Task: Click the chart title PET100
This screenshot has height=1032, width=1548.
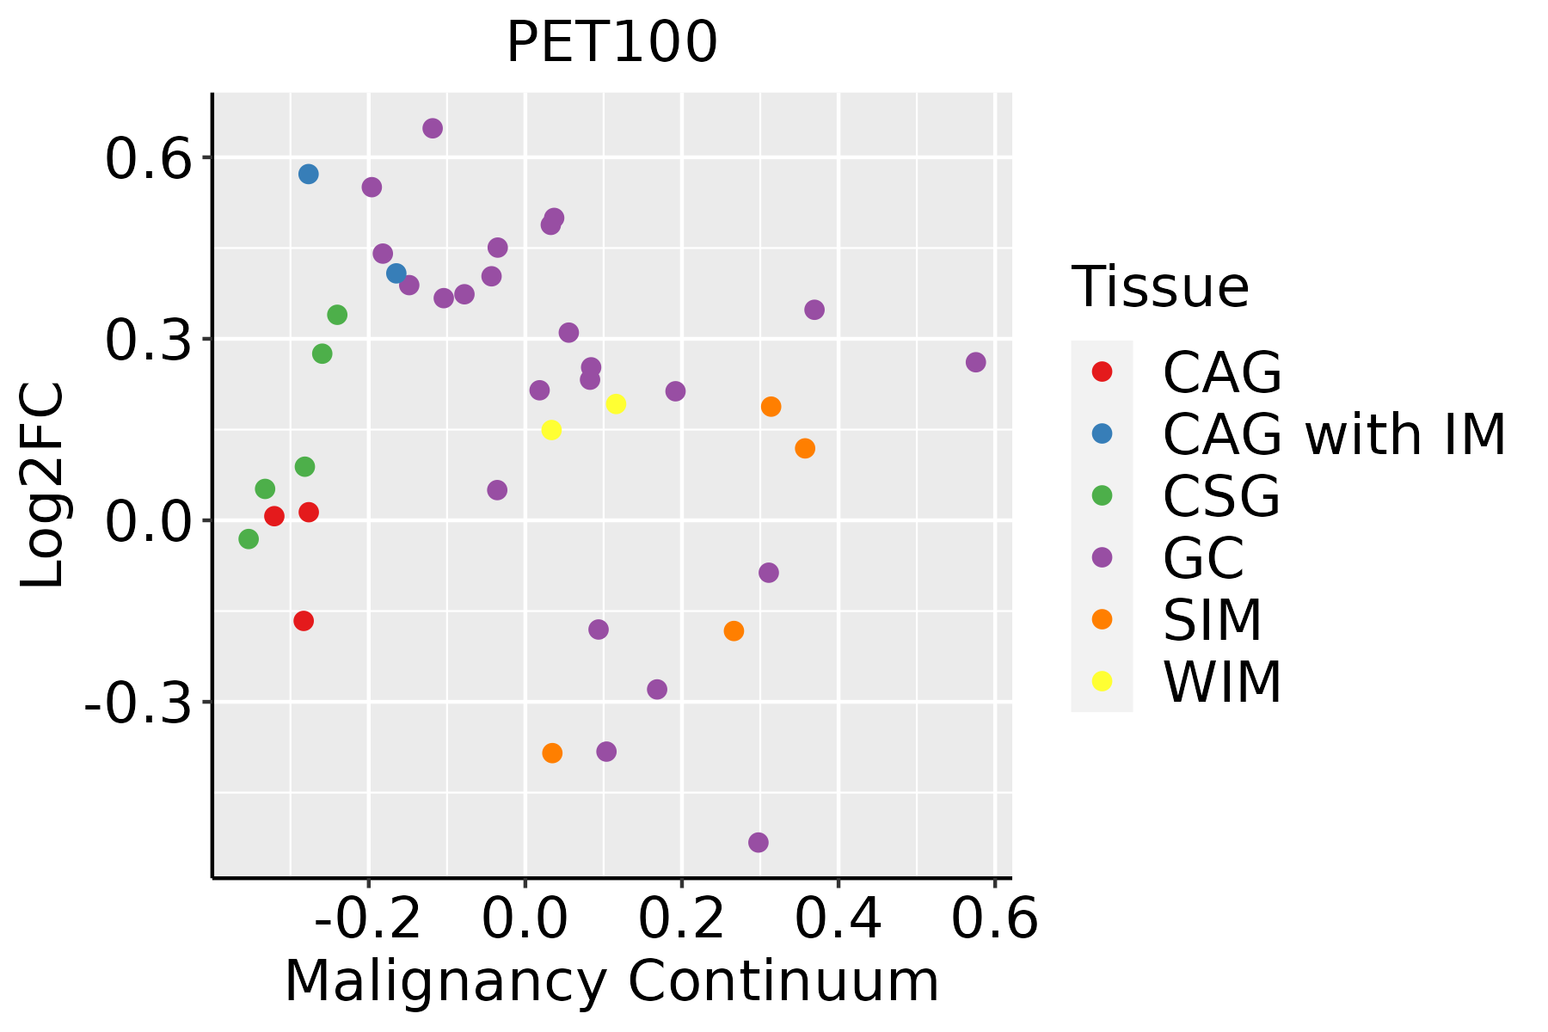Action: coord(611,42)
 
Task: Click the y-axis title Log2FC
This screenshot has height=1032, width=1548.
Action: coord(43,485)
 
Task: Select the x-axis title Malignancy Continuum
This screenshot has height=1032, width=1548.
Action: coord(611,981)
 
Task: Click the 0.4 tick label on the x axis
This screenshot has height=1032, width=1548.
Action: coord(838,919)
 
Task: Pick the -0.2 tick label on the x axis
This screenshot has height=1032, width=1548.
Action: coord(367,919)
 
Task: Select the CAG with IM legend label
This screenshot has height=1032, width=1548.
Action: coord(1334,434)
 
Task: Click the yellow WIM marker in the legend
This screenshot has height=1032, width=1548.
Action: coord(1102,681)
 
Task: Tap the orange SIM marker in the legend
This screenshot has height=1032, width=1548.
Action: coord(1102,619)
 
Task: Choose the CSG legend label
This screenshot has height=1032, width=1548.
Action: coord(1221,496)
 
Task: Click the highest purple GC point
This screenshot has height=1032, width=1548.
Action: coord(433,128)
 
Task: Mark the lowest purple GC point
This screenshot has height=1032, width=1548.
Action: coord(759,842)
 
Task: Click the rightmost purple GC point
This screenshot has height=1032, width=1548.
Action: coord(975,362)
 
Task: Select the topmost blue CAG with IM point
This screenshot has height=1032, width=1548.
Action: coord(309,175)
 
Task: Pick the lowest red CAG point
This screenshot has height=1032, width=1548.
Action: coord(304,621)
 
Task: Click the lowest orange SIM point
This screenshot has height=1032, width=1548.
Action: coord(552,753)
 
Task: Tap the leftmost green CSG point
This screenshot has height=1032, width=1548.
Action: coord(249,539)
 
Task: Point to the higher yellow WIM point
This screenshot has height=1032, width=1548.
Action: coord(616,404)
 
